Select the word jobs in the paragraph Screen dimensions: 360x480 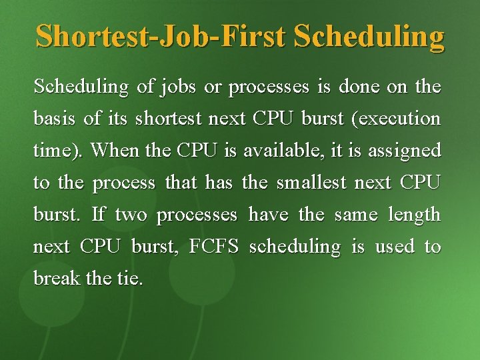pyautogui.click(x=169, y=87)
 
